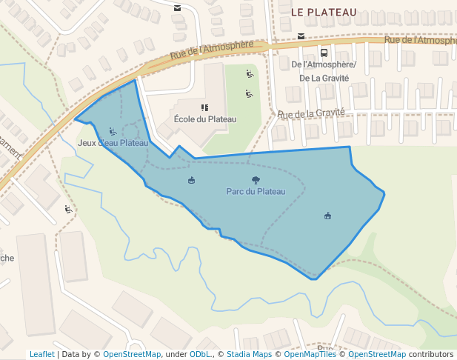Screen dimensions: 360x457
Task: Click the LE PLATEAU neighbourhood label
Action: tap(324, 13)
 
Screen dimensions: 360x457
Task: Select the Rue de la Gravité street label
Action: tap(312, 113)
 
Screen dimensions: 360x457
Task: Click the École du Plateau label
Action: tap(204, 119)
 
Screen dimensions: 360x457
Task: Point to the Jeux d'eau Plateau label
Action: tap(113, 143)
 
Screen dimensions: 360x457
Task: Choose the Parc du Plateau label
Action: tap(256, 191)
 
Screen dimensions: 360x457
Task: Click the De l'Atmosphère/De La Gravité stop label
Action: tap(324, 71)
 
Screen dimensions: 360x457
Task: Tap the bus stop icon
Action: tap(324, 53)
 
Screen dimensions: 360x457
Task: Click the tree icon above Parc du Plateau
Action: tap(256, 180)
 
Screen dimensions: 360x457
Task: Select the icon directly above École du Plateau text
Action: tap(204, 108)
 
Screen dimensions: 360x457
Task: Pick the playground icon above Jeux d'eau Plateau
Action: tap(113, 132)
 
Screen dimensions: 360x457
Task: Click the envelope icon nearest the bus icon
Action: tap(301, 36)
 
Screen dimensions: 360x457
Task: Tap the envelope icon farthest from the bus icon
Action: tap(177, 8)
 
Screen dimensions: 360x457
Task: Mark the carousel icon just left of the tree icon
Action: tap(192, 180)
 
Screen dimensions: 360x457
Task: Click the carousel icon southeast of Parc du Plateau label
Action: tap(327, 216)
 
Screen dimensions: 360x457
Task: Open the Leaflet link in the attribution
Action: tap(41, 354)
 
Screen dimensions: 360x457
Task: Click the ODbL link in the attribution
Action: tap(200, 354)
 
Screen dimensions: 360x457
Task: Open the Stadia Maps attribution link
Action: tap(249, 354)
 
